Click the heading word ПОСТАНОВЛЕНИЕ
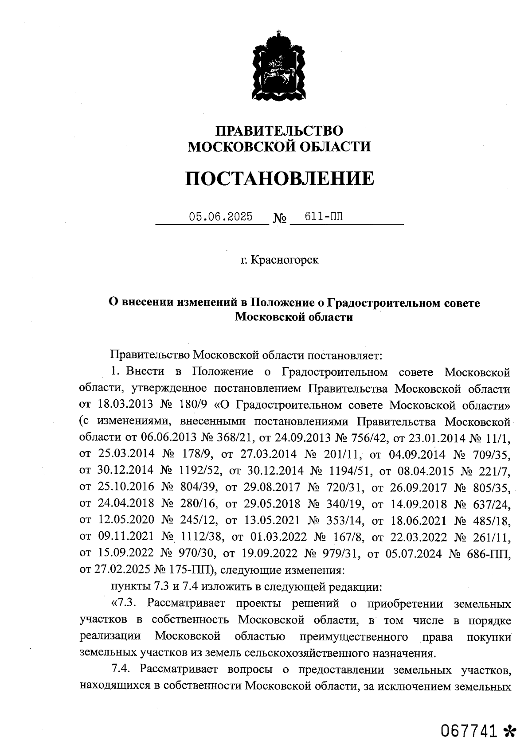click(x=279, y=178)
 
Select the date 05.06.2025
click(x=221, y=217)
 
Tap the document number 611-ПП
click(x=324, y=217)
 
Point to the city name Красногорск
click(x=285, y=260)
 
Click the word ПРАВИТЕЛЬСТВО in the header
click(x=279, y=131)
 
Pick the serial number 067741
click(x=469, y=731)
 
